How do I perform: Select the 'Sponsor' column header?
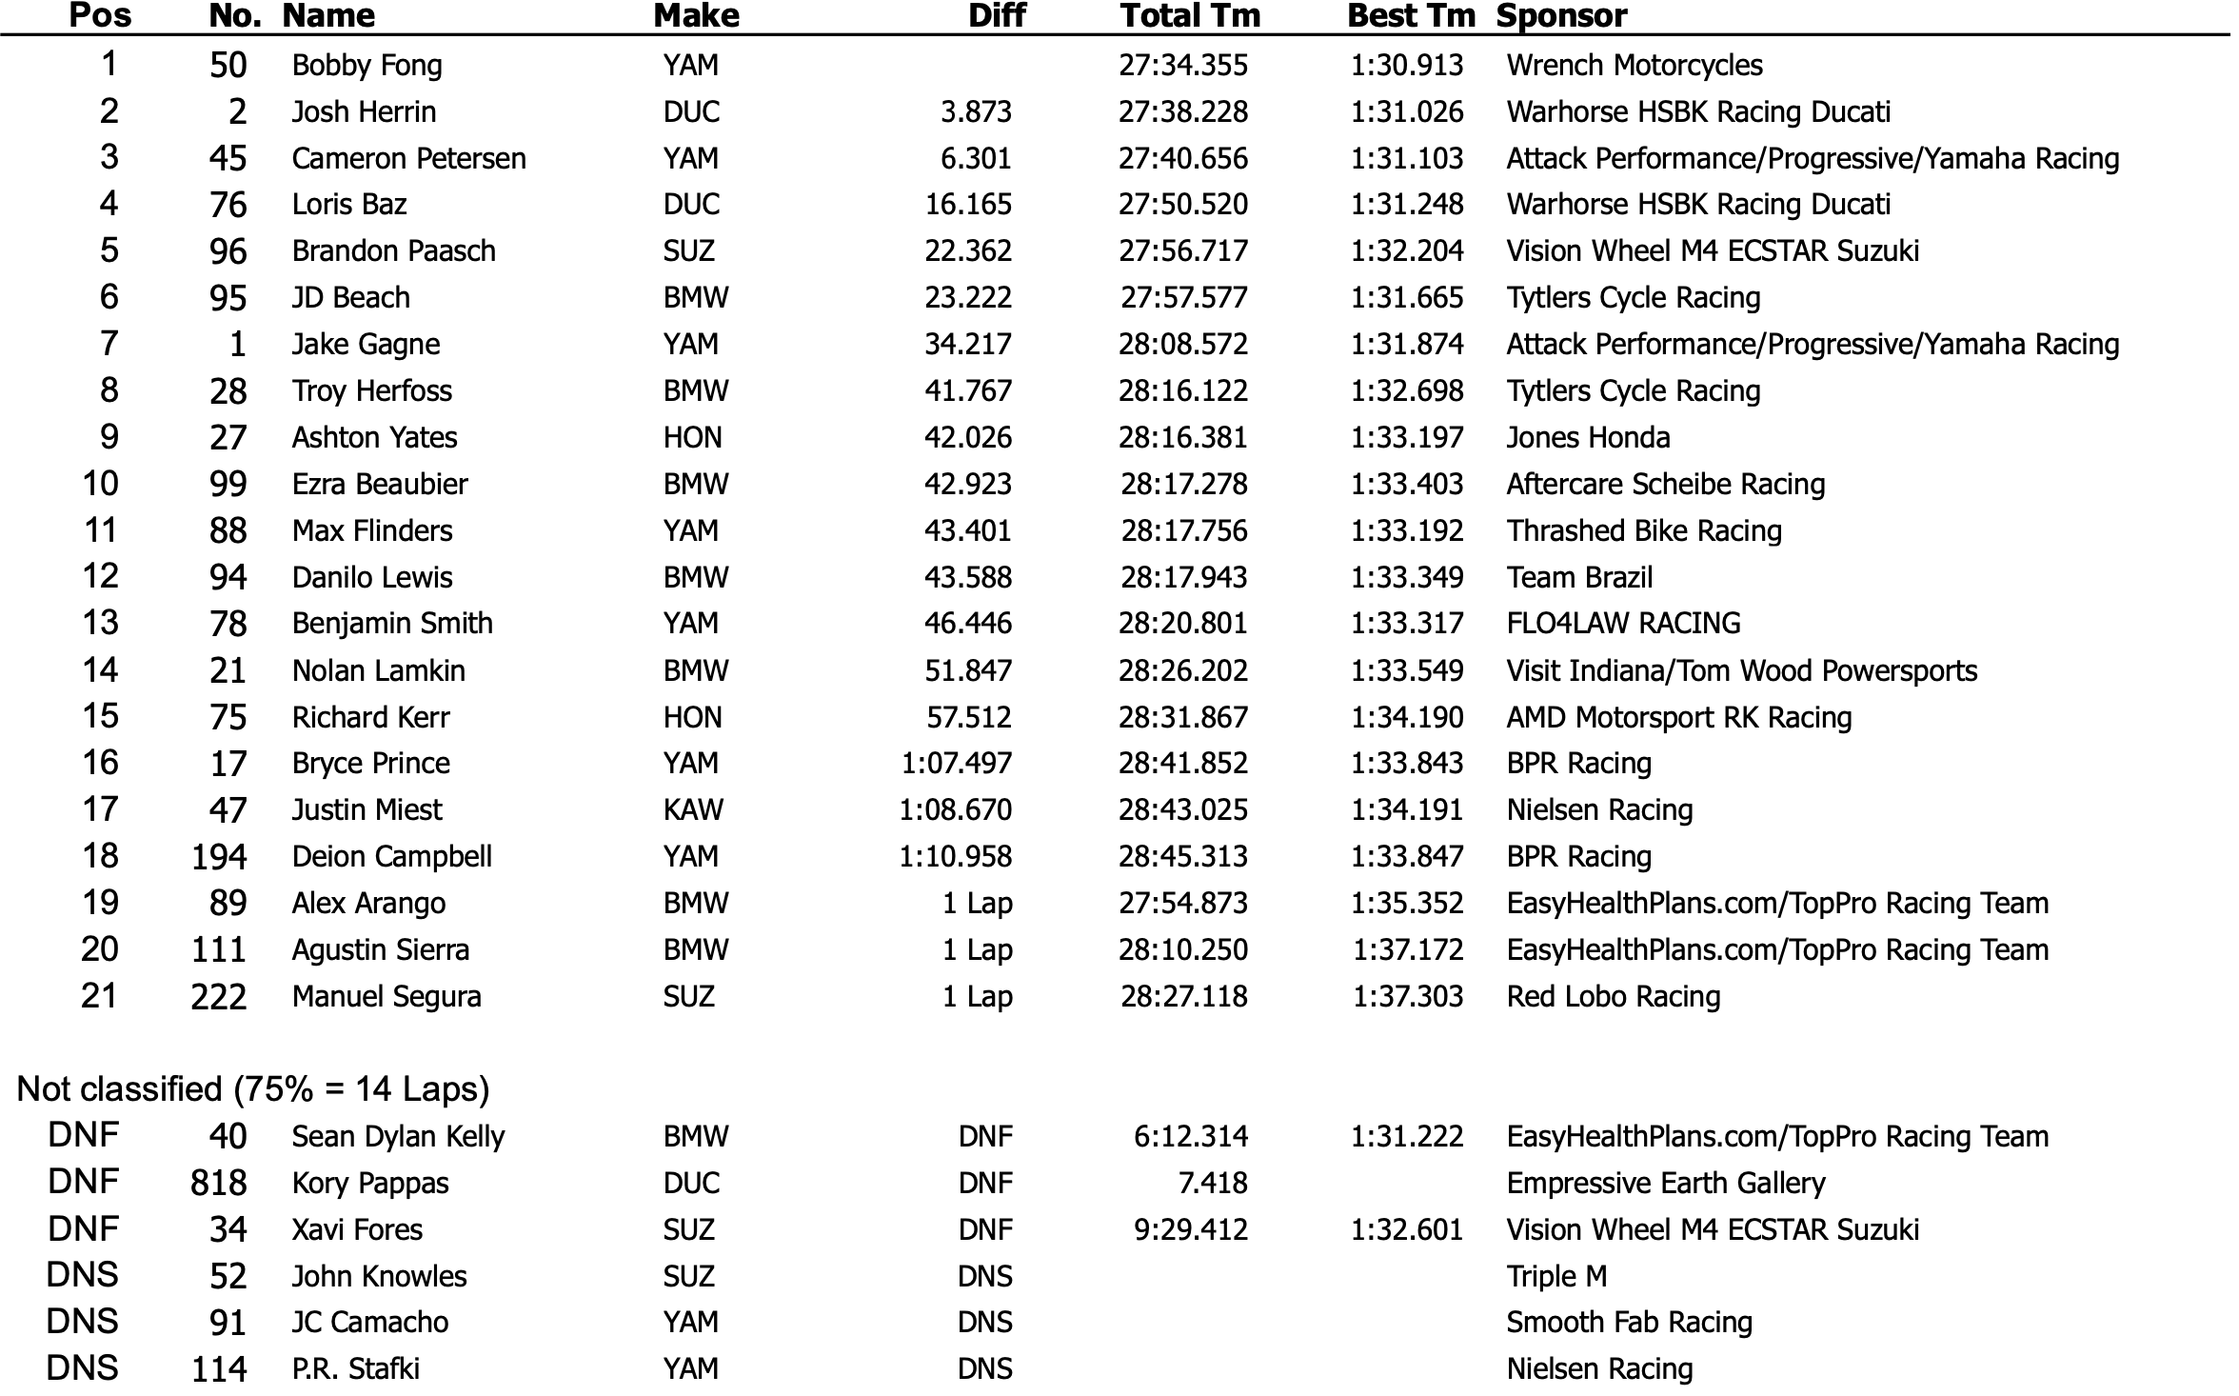pyautogui.click(x=1561, y=16)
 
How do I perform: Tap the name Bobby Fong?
pyautogui.click(x=367, y=66)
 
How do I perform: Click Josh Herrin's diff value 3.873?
pyautogui.click(x=976, y=112)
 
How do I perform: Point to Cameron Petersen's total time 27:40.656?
pyautogui.click(x=1182, y=158)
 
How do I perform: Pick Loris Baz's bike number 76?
pyautogui.click(x=228, y=205)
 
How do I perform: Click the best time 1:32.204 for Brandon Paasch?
pyautogui.click(x=1406, y=251)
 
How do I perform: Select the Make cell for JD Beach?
pyautogui.click(x=695, y=298)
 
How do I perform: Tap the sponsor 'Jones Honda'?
pyautogui.click(x=1587, y=438)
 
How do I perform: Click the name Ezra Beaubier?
pyautogui.click(x=380, y=485)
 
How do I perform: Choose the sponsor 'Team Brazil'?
pyautogui.click(x=1579, y=578)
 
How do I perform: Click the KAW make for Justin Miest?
pyautogui.click(x=693, y=810)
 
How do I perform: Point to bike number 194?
pyautogui.click(x=219, y=857)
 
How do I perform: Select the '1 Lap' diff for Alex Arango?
pyautogui.click(x=977, y=904)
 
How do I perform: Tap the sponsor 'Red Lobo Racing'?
pyautogui.click(x=1613, y=997)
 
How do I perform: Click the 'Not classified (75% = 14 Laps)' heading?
pyautogui.click(x=253, y=1089)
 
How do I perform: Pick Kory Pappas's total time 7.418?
pyautogui.click(x=1212, y=1184)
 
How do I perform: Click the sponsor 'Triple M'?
pyautogui.click(x=1555, y=1277)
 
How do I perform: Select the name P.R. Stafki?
pyautogui.click(x=355, y=1369)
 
